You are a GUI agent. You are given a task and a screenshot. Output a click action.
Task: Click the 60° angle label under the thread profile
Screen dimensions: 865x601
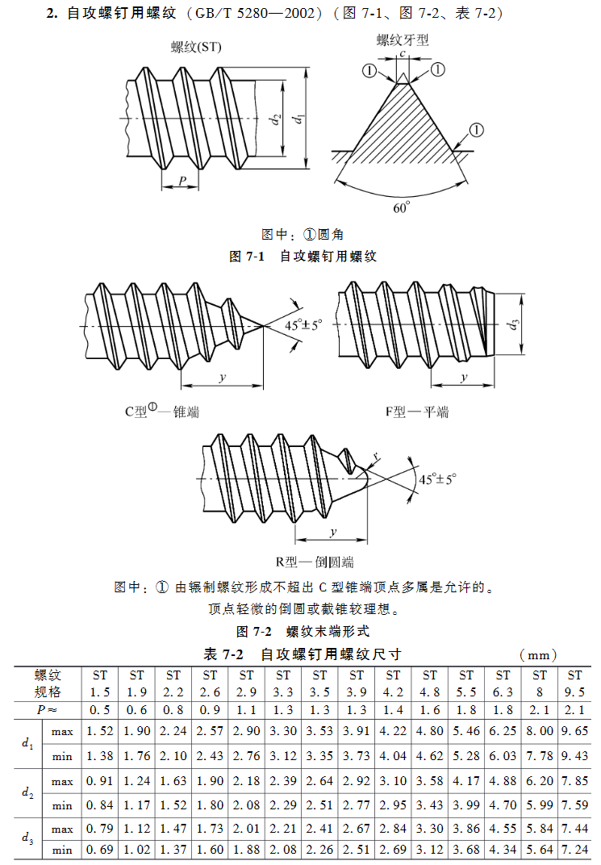[401, 207]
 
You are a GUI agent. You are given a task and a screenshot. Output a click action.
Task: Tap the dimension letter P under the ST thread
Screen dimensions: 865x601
[182, 179]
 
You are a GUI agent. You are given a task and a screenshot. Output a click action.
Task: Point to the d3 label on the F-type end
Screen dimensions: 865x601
[513, 326]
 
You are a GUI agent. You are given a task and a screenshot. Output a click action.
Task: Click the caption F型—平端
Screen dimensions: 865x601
[417, 412]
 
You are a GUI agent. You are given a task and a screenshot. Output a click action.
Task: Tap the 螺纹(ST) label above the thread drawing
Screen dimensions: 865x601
[197, 48]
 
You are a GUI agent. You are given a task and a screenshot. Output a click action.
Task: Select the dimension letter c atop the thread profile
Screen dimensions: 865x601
[402, 53]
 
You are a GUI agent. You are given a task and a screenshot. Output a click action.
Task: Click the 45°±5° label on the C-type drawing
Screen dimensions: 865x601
[303, 325]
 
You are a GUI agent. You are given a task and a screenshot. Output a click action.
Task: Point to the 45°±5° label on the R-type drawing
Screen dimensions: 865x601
[437, 478]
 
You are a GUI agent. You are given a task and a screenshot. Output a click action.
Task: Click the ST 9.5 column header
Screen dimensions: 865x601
[574, 683]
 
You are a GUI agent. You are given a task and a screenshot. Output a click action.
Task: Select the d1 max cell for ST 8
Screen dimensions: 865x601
[539, 731]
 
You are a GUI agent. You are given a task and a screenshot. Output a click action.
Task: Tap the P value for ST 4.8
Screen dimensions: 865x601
[429, 709]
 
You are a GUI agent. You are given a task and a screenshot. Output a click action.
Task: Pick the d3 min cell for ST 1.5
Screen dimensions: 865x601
[100, 850]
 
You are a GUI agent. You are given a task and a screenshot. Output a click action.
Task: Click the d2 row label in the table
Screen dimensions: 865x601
[27, 792]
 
